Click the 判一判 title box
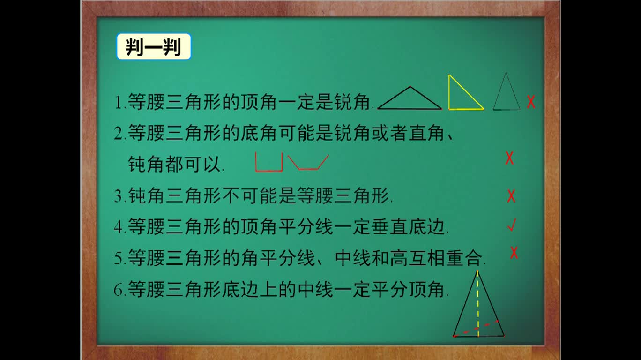click(154, 46)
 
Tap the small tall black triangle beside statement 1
click(507, 94)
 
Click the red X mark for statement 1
click(531, 102)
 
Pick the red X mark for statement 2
click(509, 158)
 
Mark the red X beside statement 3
click(511, 196)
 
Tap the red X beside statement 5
click(514, 253)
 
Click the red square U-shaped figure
click(269, 162)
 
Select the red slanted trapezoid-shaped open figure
click(308, 162)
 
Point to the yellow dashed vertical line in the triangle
click(478, 300)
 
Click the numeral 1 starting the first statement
click(118, 103)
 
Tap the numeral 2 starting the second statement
click(118, 135)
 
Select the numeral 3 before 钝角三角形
click(118, 196)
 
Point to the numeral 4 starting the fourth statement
click(118, 228)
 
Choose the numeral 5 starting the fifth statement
click(118, 259)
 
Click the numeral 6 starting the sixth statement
click(118, 290)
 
